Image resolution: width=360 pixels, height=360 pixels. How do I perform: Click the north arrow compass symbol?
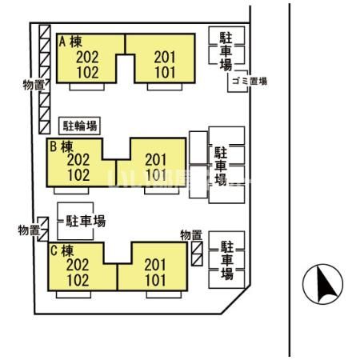(322, 282)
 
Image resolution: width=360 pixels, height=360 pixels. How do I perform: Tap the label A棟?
(68, 41)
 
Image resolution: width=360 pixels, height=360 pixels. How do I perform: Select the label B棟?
(61, 146)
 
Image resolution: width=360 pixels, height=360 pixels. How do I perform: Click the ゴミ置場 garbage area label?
(247, 81)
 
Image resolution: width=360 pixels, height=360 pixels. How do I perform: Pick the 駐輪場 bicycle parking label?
(81, 126)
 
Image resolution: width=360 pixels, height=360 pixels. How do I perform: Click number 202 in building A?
(88, 56)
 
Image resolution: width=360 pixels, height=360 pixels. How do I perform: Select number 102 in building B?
(78, 174)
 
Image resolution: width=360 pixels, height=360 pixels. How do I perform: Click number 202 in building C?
(78, 265)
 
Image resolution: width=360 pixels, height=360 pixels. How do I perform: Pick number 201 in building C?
(154, 265)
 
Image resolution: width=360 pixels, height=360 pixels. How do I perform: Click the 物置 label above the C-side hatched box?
(191, 234)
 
